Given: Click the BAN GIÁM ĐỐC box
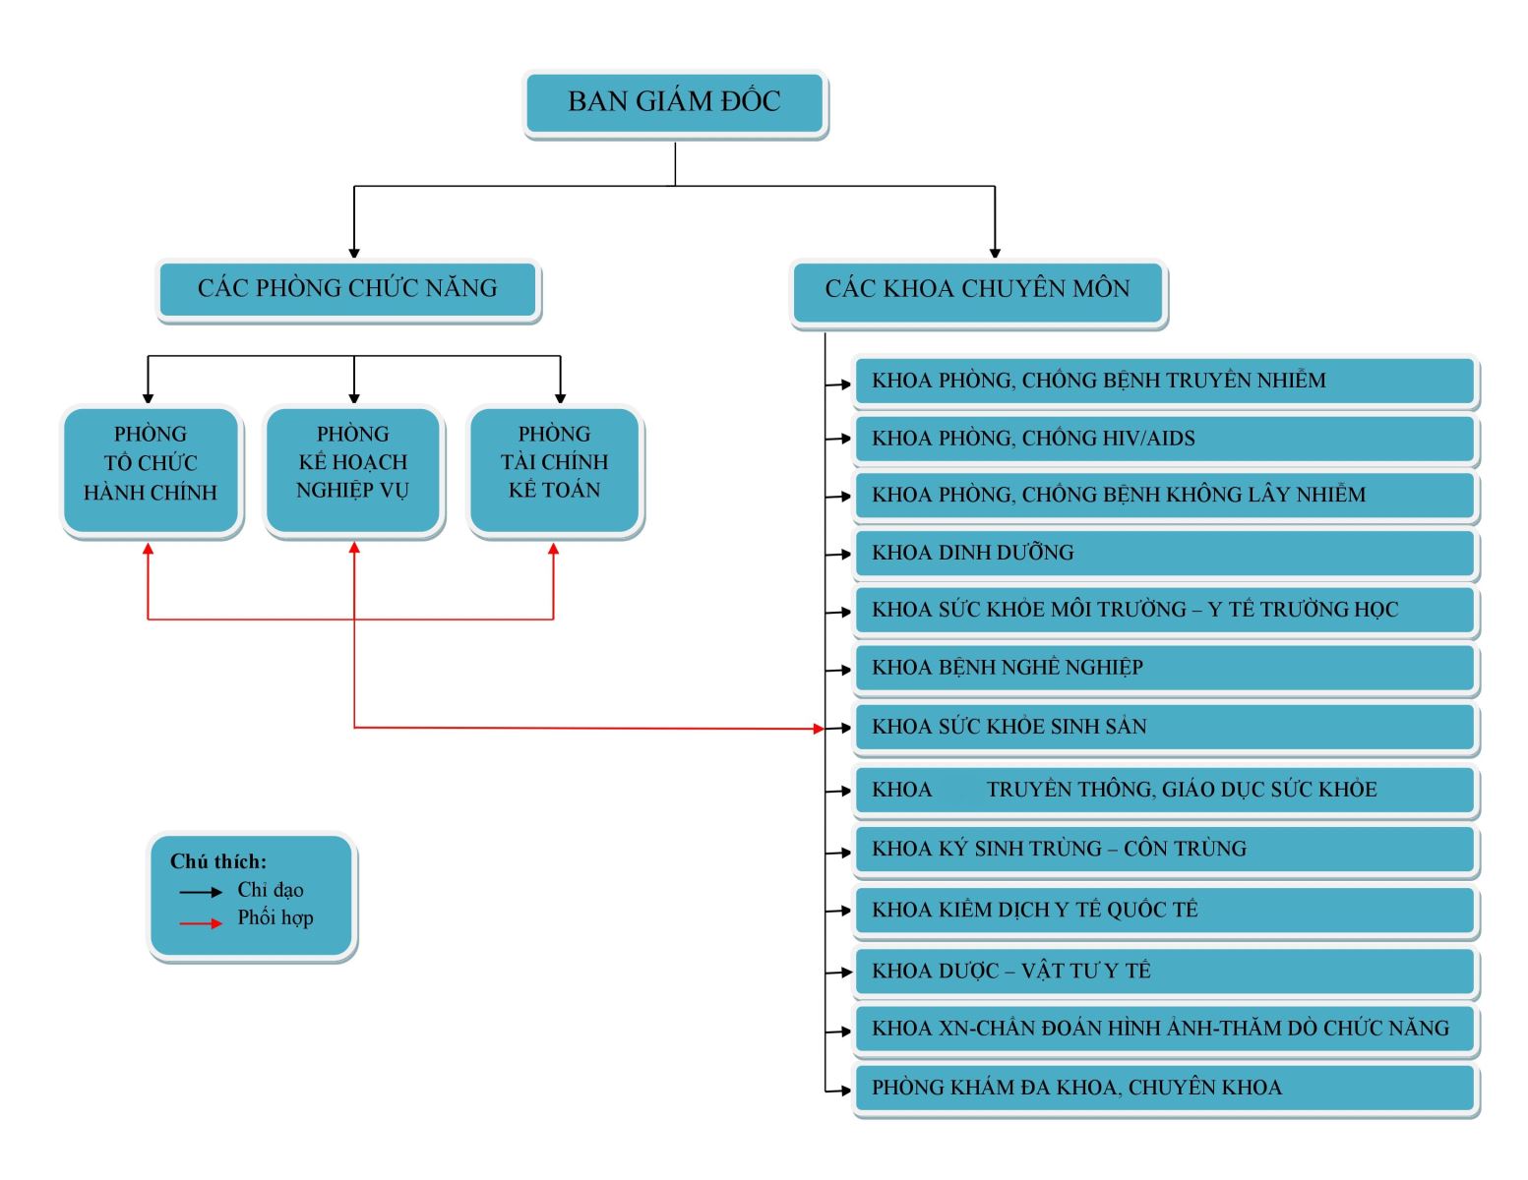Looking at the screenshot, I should pyautogui.click(x=675, y=102).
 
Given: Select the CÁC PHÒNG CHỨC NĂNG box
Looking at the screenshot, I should pyautogui.click(x=347, y=289).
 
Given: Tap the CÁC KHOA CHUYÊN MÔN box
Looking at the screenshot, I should pyautogui.click(x=978, y=290).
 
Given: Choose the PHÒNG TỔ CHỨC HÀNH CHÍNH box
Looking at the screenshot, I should pyautogui.click(x=151, y=469).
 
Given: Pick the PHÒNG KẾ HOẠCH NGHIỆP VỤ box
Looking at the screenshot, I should pyautogui.click(x=353, y=469).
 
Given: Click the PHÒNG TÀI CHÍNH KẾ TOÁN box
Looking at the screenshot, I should pyautogui.click(x=555, y=469).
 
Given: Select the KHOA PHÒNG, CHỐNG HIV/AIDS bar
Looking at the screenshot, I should pyautogui.click(x=1165, y=439).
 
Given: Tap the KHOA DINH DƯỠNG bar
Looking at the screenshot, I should pyautogui.click(x=1165, y=554).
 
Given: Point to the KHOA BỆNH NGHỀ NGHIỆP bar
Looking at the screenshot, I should pyautogui.click(x=1165, y=669).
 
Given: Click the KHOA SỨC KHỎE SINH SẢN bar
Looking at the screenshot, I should pyautogui.click(x=1165, y=728).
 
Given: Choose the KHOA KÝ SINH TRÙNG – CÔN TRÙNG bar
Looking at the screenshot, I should pyautogui.click(x=1165, y=850).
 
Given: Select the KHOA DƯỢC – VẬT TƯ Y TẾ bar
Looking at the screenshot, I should pyautogui.click(x=1165, y=972).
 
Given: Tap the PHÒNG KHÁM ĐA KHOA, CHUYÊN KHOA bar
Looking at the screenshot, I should pyautogui.click(x=1165, y=1089).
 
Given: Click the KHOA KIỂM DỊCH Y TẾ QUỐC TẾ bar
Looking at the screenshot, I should pyautogui.click(x=1165, y=911).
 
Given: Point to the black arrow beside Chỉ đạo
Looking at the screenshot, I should pyautogui.click(x=202, y=892).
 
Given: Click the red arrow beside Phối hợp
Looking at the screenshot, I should pyautogui.click(x=202, y=923).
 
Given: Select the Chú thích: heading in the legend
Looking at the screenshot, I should pyautogui.click(x=218, y=862).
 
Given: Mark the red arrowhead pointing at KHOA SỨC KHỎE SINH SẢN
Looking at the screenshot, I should pyautogui.click(x=819, y=729).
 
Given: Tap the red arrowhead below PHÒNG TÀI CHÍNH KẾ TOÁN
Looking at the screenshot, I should pyautogui.click(x=554, y=549).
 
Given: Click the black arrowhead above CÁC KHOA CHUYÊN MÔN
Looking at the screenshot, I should pyautogui.click(x=995, y=253).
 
